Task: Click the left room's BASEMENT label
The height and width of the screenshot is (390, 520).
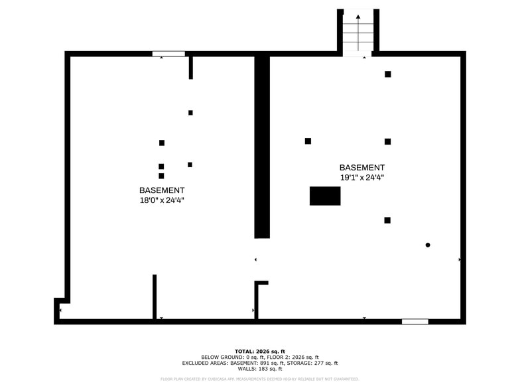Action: (157, 190)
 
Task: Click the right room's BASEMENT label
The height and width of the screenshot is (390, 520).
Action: (361, 168)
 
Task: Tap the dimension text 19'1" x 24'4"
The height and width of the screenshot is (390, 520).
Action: (361, 178)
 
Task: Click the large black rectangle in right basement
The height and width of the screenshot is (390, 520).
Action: (325, 196)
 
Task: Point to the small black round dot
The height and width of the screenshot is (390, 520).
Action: (428, 245)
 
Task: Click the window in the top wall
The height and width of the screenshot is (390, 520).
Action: (168, 54)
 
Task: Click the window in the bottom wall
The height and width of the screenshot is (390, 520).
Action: (415, 322)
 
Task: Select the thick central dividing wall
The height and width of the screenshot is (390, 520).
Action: (262, 146)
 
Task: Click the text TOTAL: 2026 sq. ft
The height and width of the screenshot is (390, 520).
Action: (260, 352)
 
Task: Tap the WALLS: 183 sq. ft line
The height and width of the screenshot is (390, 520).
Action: (260, 369)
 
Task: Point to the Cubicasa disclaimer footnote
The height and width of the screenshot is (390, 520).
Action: (260, 379)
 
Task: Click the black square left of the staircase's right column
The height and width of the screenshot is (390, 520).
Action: (388, 74)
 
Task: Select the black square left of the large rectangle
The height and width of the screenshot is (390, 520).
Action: (308, 141)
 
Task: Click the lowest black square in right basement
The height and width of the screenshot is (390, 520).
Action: (387, 220)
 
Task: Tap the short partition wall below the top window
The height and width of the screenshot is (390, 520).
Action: (191, 68)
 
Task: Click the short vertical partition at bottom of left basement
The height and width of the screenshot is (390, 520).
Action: (155, 297)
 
